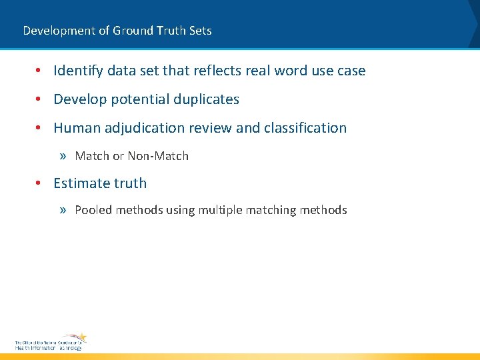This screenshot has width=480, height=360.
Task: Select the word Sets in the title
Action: coord(201,31)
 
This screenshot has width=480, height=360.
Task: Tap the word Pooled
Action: coord(93,211)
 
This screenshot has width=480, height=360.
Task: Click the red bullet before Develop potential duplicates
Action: coord(40,100)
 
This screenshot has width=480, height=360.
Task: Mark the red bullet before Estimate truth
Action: coord(40,183)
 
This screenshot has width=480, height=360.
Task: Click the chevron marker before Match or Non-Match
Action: coord(63,157)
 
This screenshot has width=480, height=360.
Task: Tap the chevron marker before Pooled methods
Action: coord(63,211)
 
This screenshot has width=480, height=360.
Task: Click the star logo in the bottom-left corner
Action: coord(80,337)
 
